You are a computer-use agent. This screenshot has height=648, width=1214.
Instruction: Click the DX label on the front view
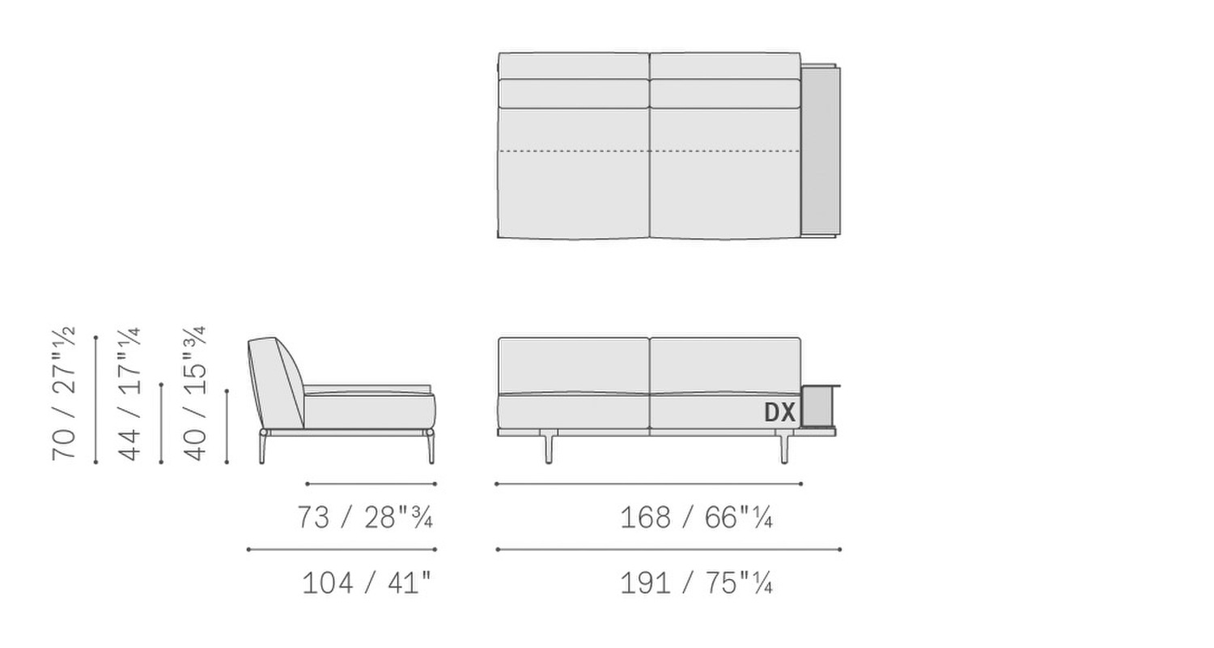[779, 412]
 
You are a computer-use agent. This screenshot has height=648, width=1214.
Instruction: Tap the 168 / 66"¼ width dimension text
[696, 518]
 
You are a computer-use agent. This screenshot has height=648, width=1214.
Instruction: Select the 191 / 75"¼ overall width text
[696, 583]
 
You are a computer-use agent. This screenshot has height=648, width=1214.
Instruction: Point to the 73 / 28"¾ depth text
[365, 518]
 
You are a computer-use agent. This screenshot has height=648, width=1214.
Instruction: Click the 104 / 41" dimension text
[367, 583]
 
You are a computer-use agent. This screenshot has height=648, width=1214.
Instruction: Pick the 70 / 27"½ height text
[64, 394]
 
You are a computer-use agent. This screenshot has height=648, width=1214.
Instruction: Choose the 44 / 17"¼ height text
[129, 394]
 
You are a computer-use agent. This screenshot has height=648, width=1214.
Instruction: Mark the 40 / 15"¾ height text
[195, 394]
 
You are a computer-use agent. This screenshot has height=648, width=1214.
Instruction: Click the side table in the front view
[818, 406]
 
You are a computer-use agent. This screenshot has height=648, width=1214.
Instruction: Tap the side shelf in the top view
[820, 151]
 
